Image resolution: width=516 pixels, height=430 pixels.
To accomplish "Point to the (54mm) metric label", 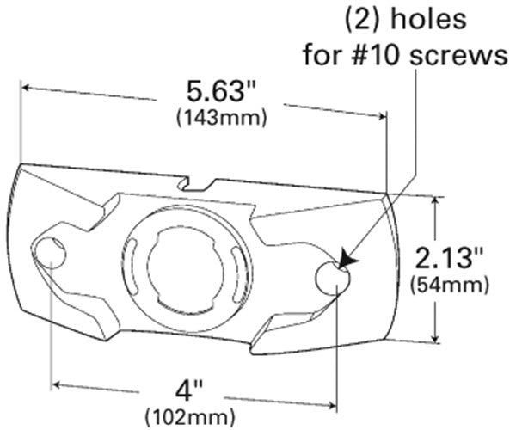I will pos(451,284).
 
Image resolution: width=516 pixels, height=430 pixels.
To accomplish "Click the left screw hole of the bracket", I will pos(52,253).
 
